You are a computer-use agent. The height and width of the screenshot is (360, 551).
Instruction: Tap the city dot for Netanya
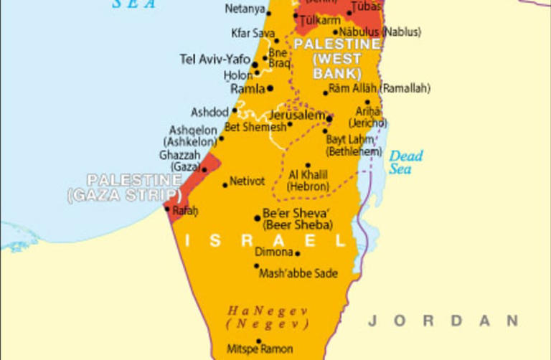point(269,13)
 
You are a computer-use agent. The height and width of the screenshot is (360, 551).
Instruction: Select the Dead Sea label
point(405,162)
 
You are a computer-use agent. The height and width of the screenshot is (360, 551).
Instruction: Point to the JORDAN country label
point(443,321)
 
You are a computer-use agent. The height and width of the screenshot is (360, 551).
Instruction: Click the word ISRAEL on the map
point(261,241)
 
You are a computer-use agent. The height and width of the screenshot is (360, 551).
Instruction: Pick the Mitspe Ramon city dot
point(259,341)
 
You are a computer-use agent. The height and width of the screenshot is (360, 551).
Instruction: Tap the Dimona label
point(274,252)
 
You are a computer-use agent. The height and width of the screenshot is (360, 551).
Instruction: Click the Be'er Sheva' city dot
point(258,218)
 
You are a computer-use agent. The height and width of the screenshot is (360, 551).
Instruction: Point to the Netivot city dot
point(225,185)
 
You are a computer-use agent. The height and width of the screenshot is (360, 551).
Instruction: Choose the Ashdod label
point(209,113)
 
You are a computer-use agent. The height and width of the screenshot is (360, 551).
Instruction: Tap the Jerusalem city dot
point(329,118)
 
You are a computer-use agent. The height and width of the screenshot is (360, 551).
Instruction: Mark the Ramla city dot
point(270,89)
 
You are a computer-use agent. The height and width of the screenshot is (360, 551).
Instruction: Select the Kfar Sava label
point(253,33)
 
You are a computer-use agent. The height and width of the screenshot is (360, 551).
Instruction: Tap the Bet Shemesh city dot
point(289,125)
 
